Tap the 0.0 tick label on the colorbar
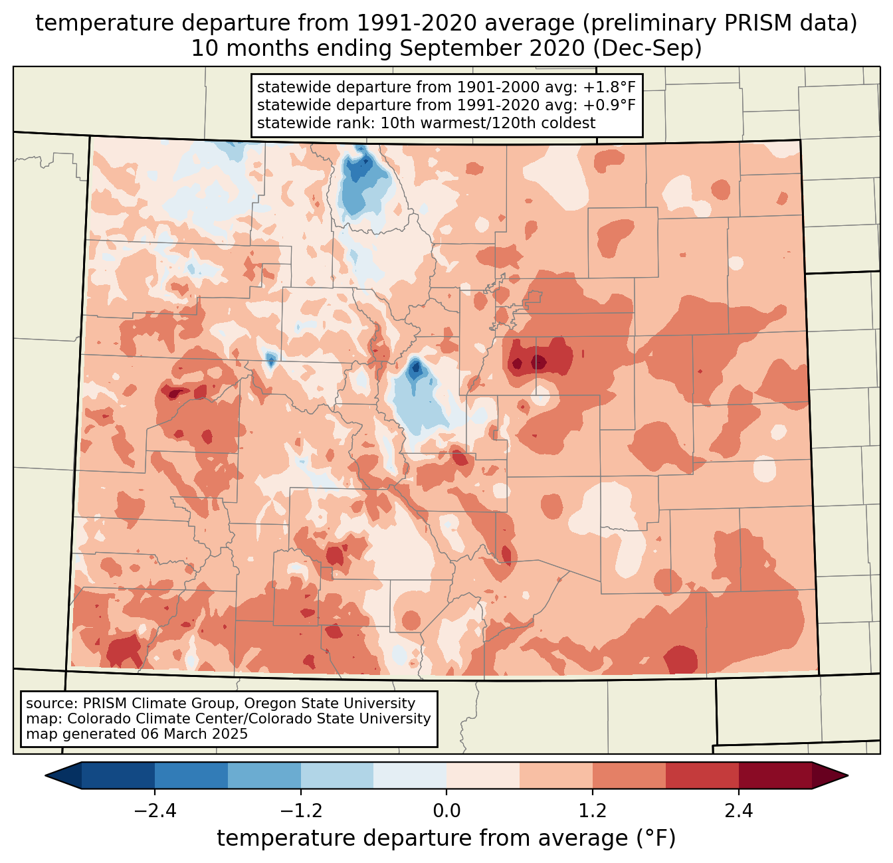point(446,811)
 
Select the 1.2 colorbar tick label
point(593,811)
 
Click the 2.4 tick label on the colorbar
point(738,811)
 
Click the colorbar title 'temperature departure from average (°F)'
point(446,838)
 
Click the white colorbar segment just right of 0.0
point(483,775)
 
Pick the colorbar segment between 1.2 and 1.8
point(629,775)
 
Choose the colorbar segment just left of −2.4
point(118,775)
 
